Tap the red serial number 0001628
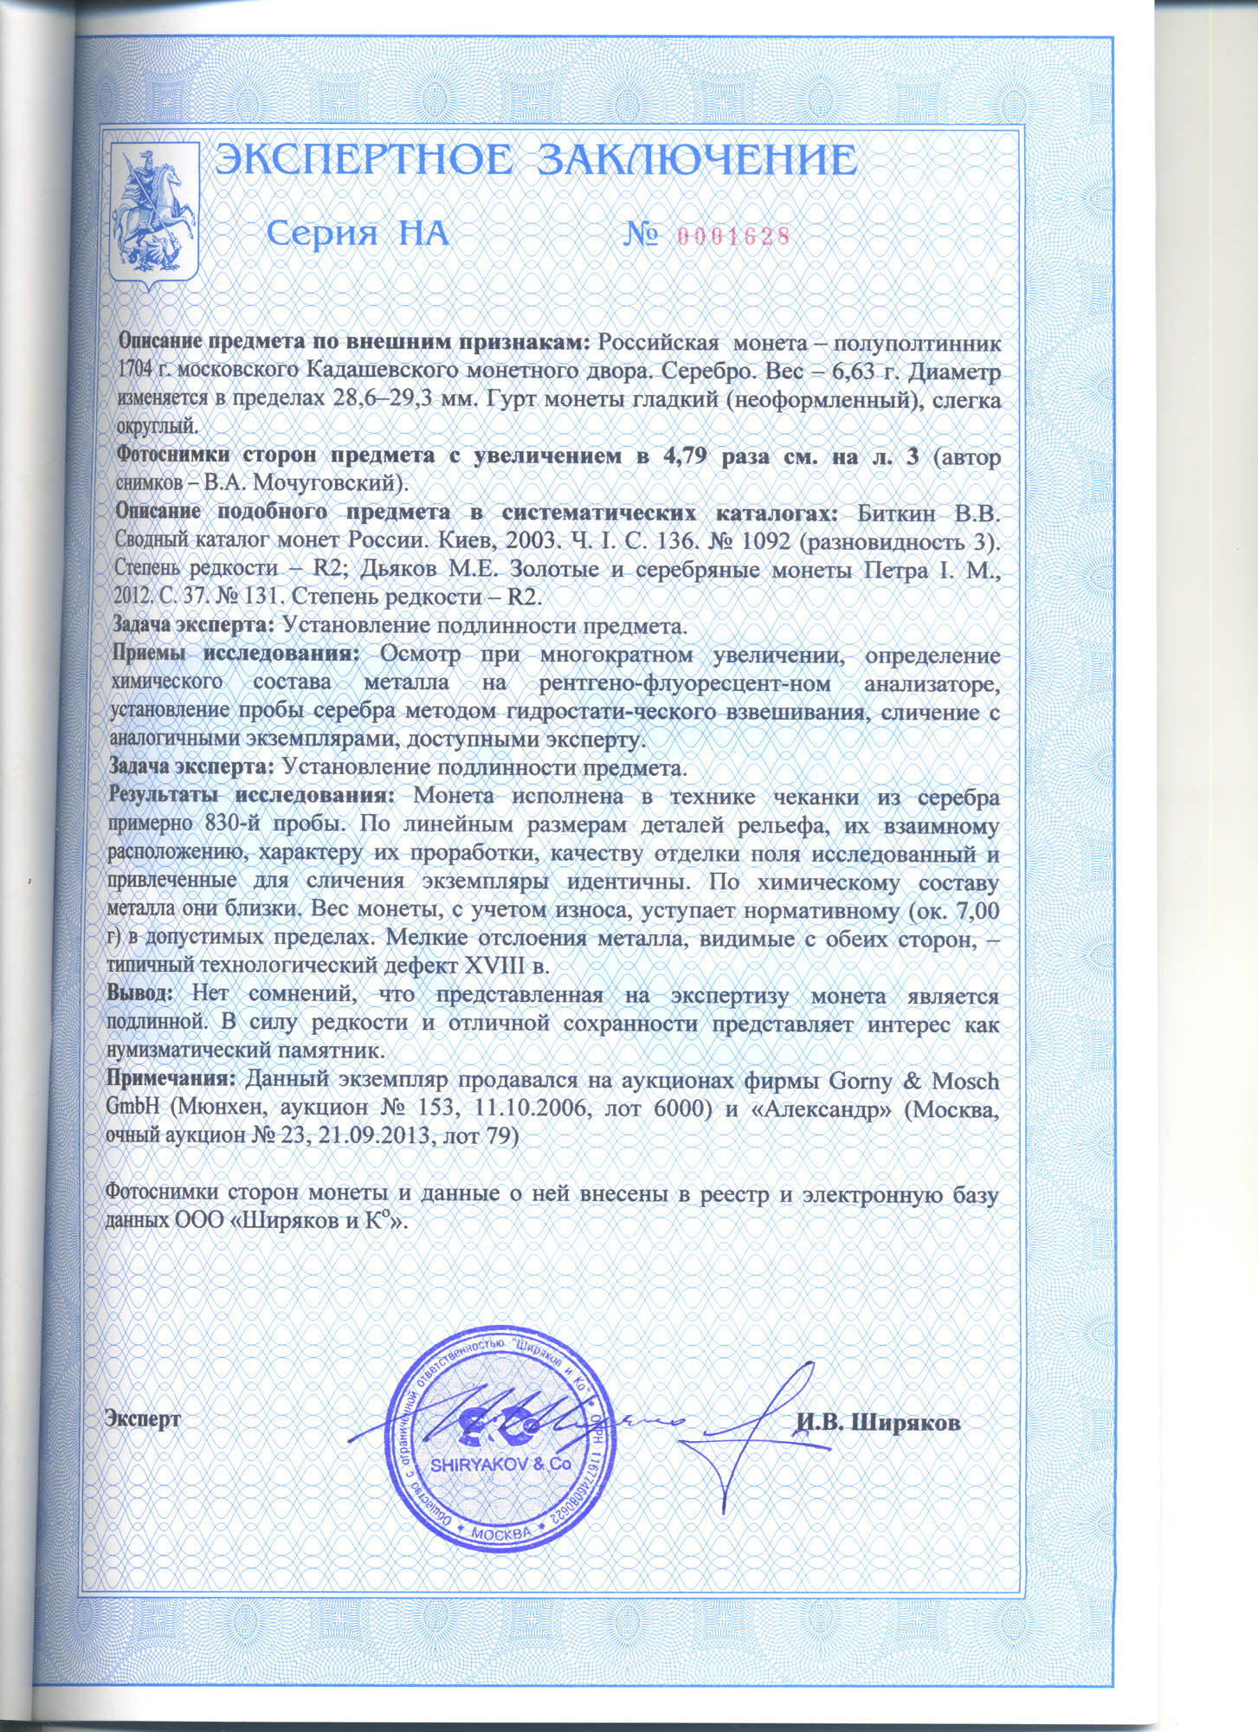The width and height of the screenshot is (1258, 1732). tap(732, 236)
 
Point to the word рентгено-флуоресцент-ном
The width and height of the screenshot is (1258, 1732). tap(684, 683)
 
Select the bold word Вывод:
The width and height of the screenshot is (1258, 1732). tap(140, 994)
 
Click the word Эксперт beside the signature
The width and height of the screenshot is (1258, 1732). tap(143, 1419)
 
